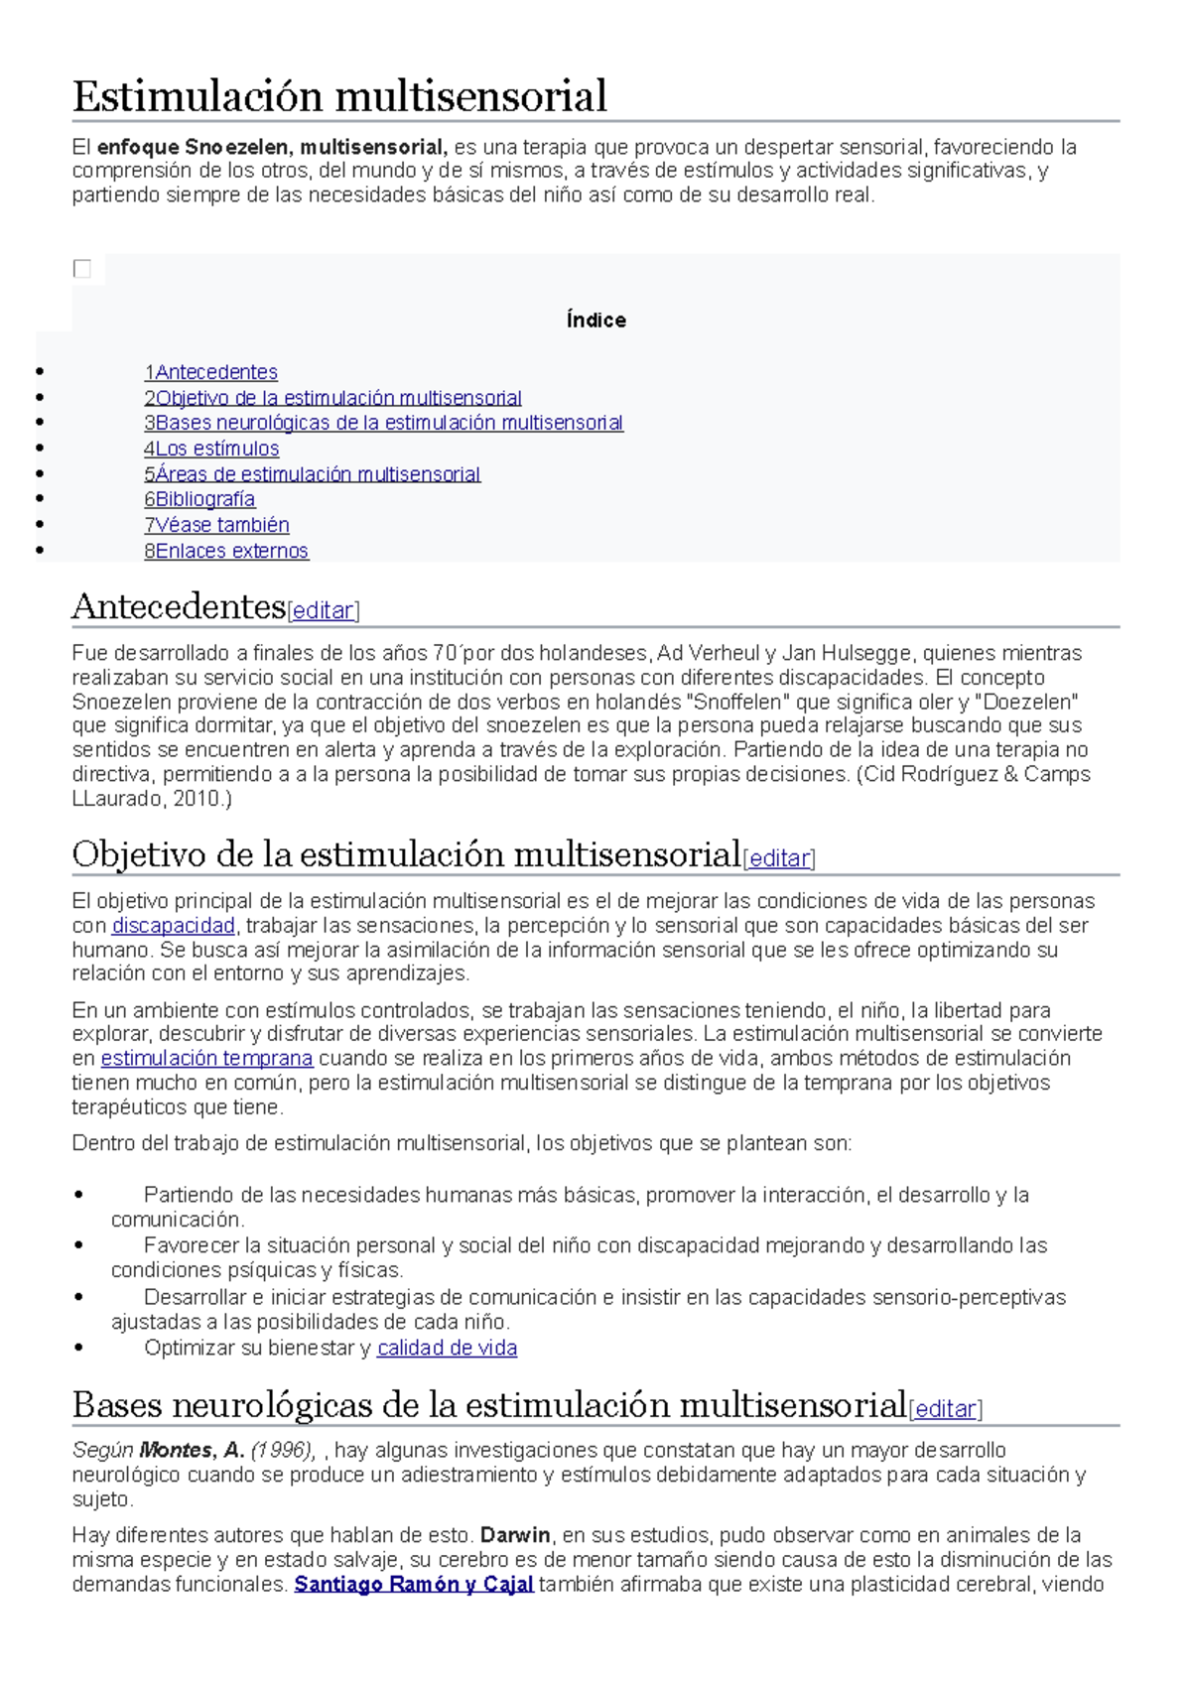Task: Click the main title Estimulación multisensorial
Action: point(339,96)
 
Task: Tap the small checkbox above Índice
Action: point(82,269)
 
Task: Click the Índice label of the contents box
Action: point(595,321)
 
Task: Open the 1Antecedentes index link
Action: point(210,372)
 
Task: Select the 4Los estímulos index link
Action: point(211,449)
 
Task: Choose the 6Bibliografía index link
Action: point(199,499)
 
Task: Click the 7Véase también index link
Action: point(216,525)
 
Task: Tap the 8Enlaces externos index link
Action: point(226,551)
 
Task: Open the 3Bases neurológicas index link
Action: point(383,423)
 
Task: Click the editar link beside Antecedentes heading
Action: point(324,610)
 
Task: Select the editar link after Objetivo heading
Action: point(779,858)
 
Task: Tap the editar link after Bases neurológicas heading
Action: point(945,1408)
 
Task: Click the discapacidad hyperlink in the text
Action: point(174,926)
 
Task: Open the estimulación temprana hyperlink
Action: point(206,1058)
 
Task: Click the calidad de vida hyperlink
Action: point(447,1348)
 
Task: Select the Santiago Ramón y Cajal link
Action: point(414,1584)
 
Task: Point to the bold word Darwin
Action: point(515,1535)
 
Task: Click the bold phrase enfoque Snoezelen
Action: point(194,147)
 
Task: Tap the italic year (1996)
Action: point(282,1450)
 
